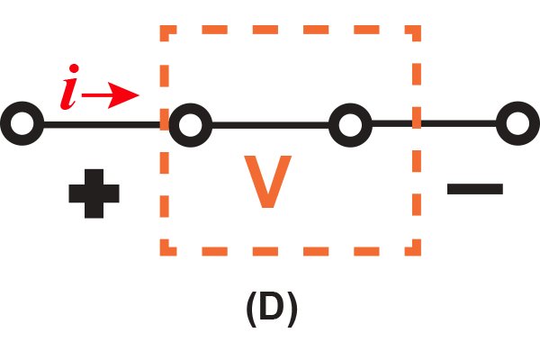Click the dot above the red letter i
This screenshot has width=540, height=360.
tap(74, 68)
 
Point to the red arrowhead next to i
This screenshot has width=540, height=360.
tap(123, 95)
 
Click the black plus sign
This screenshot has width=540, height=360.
tap(94, 193)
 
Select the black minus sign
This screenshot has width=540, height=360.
tap(475, 189)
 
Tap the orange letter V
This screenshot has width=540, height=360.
tap(268, 182)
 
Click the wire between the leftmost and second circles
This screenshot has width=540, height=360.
tap(102, 125)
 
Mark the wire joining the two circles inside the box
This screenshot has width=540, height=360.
tap(270, 125)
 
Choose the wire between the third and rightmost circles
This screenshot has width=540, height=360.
tap(435, 123)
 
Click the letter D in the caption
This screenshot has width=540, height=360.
tap(272, 306)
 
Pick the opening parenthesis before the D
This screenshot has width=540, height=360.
tap(251, 309)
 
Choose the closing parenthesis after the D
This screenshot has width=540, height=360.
tap(292, 309)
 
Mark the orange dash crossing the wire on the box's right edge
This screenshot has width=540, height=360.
tap(417, 118)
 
